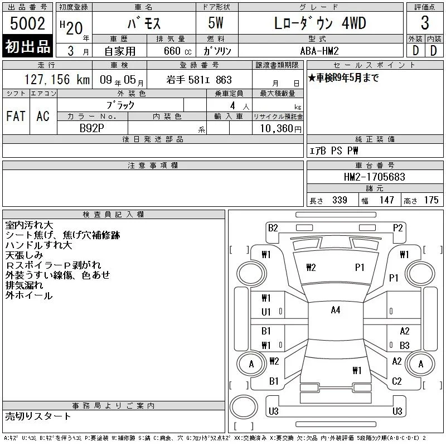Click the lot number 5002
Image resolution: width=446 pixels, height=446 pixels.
click(x=27, y=23)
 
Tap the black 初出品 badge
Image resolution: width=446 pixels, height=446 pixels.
click(x=27, y=46)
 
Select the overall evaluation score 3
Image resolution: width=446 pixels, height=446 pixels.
click(x=425, y=23)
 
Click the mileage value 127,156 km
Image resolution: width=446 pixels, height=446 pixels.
click(x=57, y=79)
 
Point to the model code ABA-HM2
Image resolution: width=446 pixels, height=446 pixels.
click(x=319, y=51)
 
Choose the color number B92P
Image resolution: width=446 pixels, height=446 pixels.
click(x=91, y=128)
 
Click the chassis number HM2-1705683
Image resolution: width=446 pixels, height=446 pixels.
click(x=374, y=177)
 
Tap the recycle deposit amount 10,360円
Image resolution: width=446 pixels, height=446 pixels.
click(x=280, y=129)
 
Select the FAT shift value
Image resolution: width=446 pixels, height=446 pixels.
click(x=16, y=116)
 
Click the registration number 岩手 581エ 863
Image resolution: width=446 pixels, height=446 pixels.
click(x=199, y=80)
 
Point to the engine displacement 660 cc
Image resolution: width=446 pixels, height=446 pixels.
click(x=177, y=51)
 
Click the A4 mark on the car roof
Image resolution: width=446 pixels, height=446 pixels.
click(x=336, y=310)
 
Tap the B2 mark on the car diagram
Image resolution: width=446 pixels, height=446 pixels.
click(x=273, y=228)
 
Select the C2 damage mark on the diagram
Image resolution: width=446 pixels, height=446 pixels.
click(x=396, y=381)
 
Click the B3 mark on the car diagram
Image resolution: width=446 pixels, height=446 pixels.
click(x=405, y=345)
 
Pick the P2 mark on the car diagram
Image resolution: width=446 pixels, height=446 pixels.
click(x=397, y=228)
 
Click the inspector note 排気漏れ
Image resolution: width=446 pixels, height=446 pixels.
click(x=24, y=285)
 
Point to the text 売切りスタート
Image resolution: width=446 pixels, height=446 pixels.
click(x=38, y=416)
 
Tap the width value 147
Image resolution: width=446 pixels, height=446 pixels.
click(x=386, y=200)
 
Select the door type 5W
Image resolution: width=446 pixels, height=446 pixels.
click(x=216, y=23)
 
